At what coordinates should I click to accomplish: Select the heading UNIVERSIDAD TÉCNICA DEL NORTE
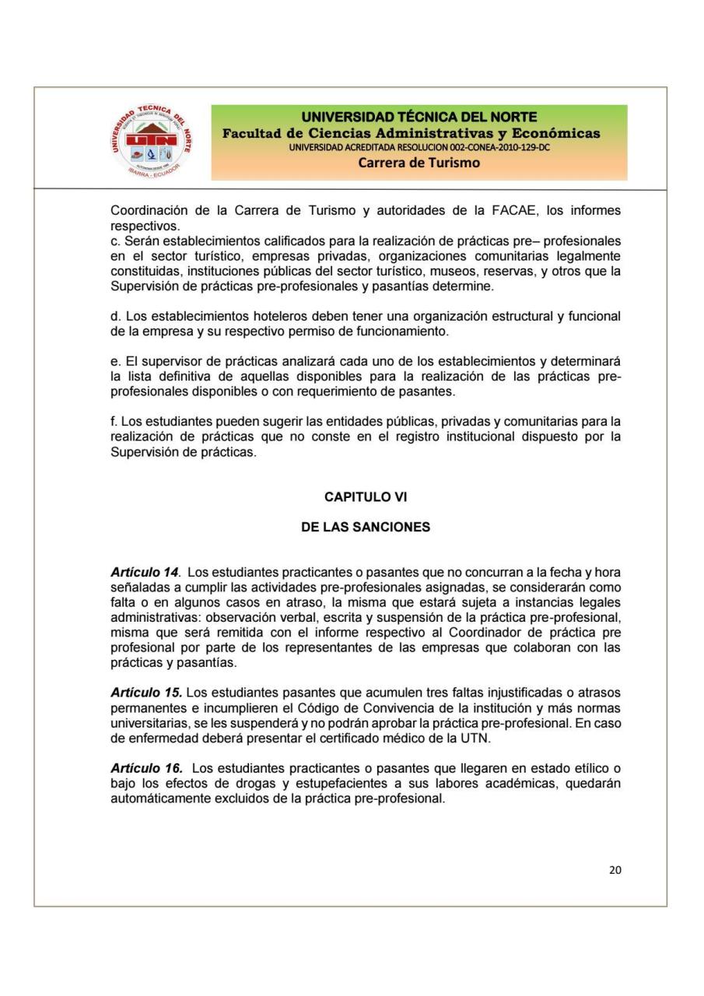(419, 117)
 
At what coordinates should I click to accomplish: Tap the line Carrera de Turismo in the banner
(419, 163)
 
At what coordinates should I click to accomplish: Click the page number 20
(615, 870)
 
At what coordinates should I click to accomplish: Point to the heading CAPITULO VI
(366, 496)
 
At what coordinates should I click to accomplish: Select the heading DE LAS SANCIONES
(366, 527)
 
